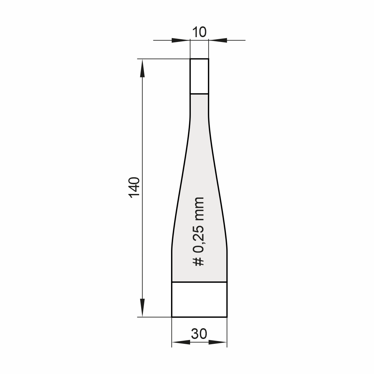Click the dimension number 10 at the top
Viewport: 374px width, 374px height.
click(x=199, y=32)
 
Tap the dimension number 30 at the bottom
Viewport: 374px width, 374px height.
click(x=199, y=334)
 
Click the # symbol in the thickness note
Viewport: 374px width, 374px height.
click(x=198, y=262)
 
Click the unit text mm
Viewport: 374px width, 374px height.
click(x=198, y=209)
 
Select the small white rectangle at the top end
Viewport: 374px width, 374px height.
click(x=199, y=76)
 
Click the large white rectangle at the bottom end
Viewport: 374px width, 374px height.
click(x=199, y=300)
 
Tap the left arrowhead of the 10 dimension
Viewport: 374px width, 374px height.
click(x=181, y=40)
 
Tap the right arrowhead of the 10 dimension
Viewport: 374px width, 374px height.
click(x=218, y=40)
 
